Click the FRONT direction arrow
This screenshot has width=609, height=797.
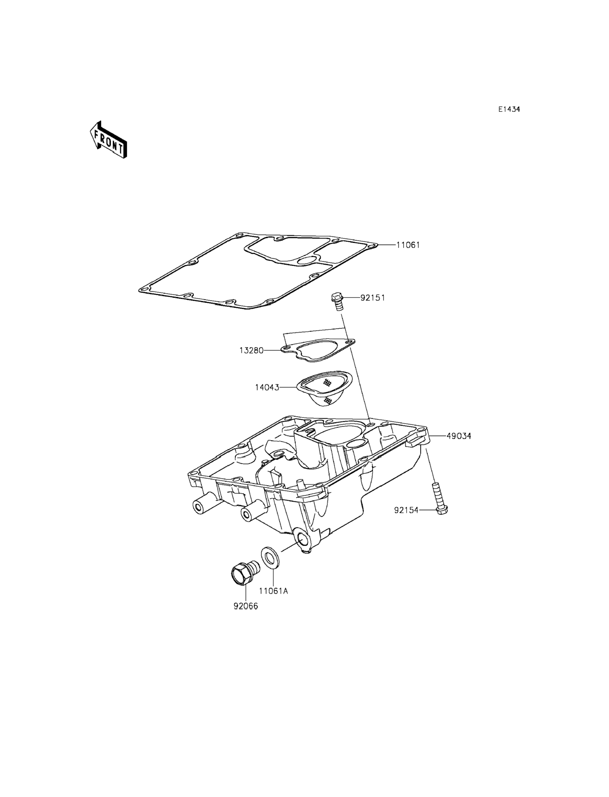[108, 140]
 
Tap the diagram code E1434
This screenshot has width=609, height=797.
[509, 109]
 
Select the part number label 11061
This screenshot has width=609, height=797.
[408, 245]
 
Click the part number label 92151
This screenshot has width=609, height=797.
[373, 298]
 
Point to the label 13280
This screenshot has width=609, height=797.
[251, 351]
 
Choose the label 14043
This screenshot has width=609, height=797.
[267, 387]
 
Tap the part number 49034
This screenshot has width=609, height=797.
[459, 436]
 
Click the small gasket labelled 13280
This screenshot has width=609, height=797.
[318, 349]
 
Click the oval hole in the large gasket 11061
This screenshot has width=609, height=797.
[307, 260]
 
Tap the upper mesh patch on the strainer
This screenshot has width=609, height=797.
[328, 382]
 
